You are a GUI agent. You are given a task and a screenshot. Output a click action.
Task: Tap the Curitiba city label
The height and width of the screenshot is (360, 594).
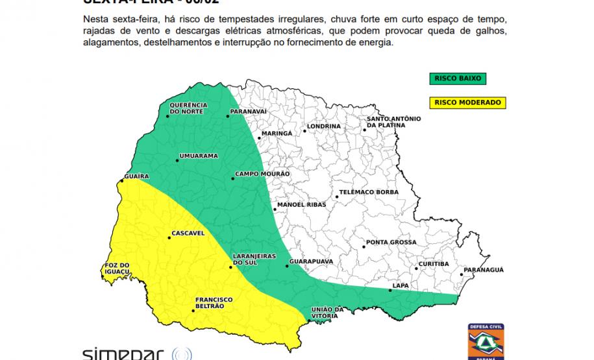(x=434, y=264)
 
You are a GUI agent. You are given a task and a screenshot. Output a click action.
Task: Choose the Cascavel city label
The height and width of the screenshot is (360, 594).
(x=188, y=232)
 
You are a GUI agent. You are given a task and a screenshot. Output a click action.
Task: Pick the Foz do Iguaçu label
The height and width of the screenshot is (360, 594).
(x=118, y=269)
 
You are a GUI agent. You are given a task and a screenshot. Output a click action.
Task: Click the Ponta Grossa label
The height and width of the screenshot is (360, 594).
(x=391, y=243)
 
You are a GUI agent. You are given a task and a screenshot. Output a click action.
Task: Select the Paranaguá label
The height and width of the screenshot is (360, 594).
(x=483, y=270)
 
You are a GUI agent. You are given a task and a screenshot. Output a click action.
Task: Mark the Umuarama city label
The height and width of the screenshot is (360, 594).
(x=199, y=156)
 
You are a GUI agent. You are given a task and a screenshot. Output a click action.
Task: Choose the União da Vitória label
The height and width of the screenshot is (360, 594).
(x=325, y=312)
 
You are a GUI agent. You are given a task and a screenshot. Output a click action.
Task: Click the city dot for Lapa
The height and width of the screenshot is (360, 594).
(x=390, y=290)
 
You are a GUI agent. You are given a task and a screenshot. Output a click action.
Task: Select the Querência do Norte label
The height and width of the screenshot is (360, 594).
(x=188, y=108)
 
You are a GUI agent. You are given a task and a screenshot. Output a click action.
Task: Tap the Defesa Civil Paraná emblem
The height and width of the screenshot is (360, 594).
(x=486, y=342)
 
